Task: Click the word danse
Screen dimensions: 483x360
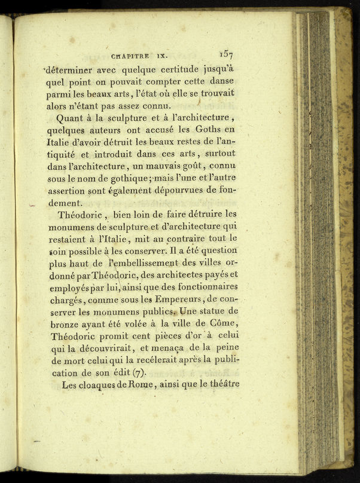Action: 219,81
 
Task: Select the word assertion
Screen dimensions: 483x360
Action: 68,191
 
